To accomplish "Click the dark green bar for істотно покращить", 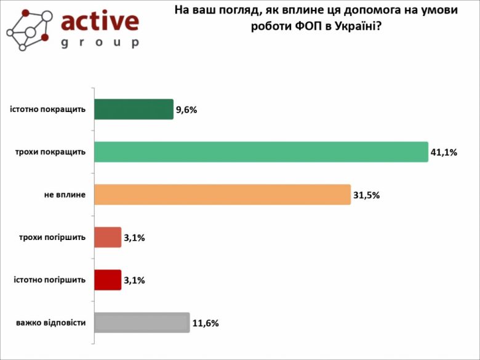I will tap(134, 110).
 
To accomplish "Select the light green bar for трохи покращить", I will tap(261, 152).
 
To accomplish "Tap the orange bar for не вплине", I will tap(222, 194).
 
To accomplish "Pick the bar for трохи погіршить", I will tap(108, 238).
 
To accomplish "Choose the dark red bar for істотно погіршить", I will tap(108, 280).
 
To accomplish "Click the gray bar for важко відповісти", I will tap(142, 322).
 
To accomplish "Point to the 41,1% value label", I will tap(443, 153).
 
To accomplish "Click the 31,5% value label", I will tap(366, 195).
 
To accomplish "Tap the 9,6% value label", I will tap(186, 110).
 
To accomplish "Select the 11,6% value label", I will tap(206, 323).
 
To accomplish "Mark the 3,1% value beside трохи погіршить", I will tap(134, 238).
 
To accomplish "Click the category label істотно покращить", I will tap(47, 110).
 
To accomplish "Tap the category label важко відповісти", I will tap(50, 322).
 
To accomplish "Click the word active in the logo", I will tap(100, 21).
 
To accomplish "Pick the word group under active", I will tap(100, 44).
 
